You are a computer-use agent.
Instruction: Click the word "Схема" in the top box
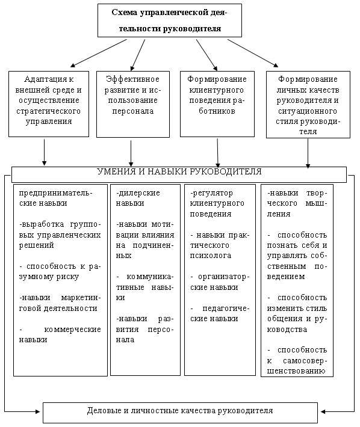(124, 13)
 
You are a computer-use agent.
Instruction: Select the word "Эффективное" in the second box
(132, 79)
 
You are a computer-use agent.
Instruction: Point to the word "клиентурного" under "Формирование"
(216, 90)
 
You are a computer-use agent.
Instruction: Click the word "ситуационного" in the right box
(308, 111)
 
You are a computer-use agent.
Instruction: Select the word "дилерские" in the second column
(138, 193)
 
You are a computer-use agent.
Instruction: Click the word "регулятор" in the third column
(211, 193)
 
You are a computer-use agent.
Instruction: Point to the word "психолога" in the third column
(211, 256)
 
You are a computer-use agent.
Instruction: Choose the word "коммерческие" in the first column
(72, 330)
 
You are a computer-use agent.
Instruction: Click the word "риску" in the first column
(67, 277)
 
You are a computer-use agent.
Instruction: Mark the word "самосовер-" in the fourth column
(305, 361)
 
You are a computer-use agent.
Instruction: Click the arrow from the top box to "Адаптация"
(99, 53)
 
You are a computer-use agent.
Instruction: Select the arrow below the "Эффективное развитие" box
(131, 153)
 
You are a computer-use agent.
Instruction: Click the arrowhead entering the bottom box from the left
(37, 411)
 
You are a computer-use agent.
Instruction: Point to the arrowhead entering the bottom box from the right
(323, 411)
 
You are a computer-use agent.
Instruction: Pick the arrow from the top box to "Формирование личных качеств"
(253, 53)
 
